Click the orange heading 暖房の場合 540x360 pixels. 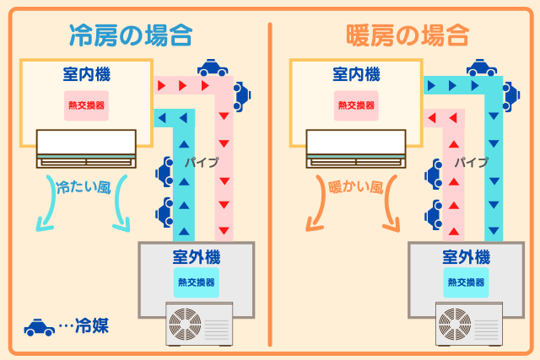pyautogui.click(x=408, y=35)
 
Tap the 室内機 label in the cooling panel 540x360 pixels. pyautogui.click(x=86, y=75)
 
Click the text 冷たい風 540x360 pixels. pyautogui.click(x=82, y=186)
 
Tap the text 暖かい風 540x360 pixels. pyautogui.click(x=354, y=186)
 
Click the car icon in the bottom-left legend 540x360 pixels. pyautogui.click(x=39, y=326)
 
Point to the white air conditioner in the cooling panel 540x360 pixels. pyautogui.click(x=86, y=147)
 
